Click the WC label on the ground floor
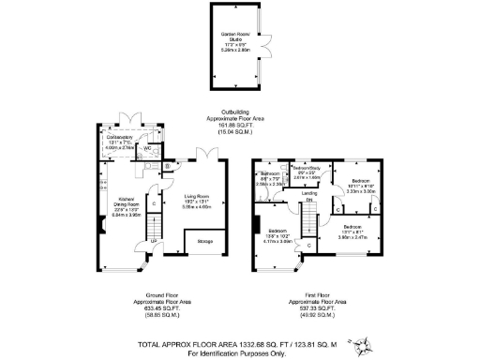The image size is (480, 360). (x=149, y=147)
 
